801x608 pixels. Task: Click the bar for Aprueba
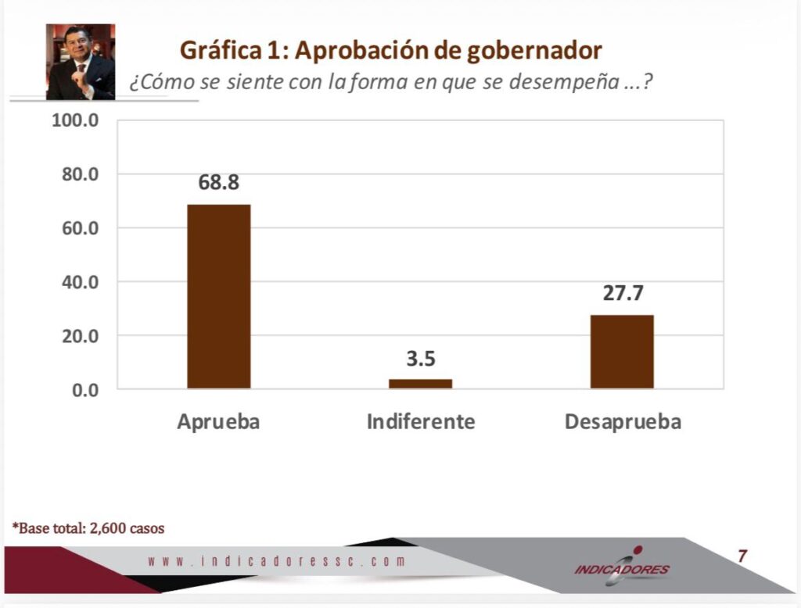click(218, 296)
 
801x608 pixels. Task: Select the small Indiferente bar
click(420, 384)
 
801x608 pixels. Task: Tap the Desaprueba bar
click(622, 352)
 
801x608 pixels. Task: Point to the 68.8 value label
click(218, 183)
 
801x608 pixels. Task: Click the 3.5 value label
click(420, 359)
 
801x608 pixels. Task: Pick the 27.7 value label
click(623, 293)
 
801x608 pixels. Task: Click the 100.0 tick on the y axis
click(75, 121)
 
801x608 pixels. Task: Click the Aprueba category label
click(218, 422)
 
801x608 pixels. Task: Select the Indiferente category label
click(421, 422)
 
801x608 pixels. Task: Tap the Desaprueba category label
click(623, 422)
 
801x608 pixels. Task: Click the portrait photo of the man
click(81, 62)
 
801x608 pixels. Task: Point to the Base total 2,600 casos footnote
click(88, 528)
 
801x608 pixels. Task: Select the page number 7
click(742, 556)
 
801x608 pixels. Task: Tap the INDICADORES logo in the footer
click(622, 567)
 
